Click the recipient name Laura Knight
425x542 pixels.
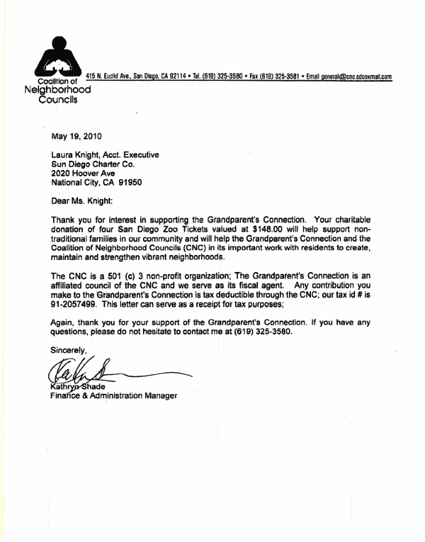pyautogui.click(x=74, y=154)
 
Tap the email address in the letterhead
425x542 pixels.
pyautogui.click(x=349, y=77)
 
